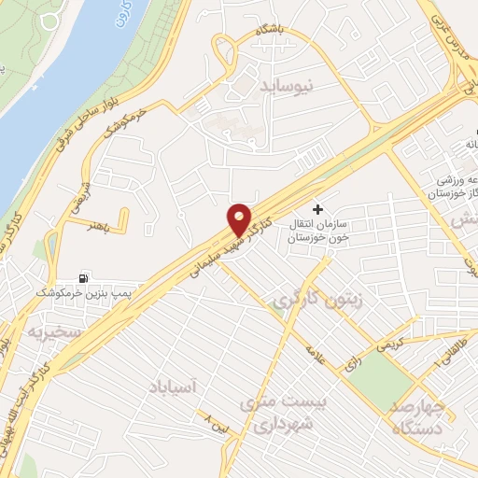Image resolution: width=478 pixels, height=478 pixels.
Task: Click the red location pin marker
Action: tap(240, 218)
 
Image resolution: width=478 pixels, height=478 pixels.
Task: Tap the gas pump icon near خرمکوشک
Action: tap(86, 277)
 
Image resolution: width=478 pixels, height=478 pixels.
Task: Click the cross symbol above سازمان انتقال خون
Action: tap(318, 208)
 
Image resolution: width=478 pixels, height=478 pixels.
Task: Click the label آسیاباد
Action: tap(176, 384)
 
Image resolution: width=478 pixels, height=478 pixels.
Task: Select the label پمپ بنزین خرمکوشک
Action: tap(79, 293)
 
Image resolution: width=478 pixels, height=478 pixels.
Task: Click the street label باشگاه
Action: tap(283, 32)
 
